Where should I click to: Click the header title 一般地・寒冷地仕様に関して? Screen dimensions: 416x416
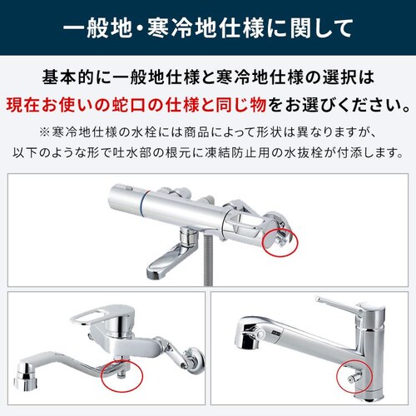(208, 27)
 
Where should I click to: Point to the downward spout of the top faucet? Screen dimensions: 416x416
(160, 264)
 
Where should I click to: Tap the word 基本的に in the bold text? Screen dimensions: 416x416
(73, 80)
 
